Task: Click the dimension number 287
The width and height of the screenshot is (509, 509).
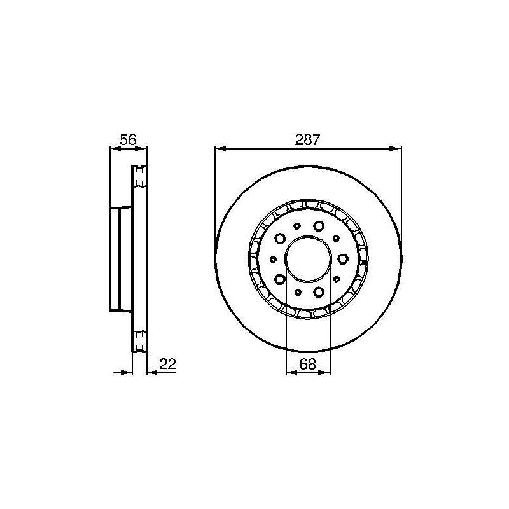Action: click(x=307, y=139)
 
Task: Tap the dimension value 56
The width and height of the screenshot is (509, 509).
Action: click(x=129, y=139)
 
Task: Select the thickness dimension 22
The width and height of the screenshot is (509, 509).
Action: click(x=167, y=364)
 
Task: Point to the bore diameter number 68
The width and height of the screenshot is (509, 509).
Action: click(x=308, y=364)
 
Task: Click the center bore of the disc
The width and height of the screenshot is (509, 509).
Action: click(x=308, y=259)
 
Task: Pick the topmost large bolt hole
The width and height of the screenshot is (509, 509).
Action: click(x=319, y=226)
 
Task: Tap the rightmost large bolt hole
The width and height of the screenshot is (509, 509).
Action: click(x=343, y=259)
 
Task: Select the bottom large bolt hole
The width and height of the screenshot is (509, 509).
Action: click(x=319, y=292)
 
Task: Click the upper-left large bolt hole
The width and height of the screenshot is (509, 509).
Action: click(x=280, y=239)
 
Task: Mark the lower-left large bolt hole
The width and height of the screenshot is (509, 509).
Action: click(x=280, y=279)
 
